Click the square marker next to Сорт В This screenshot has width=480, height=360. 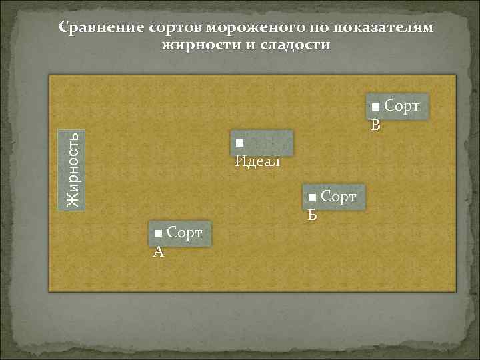coord(376,107)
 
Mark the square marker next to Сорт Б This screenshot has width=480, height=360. coord(312,198)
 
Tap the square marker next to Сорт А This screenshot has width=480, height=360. coord(158,234)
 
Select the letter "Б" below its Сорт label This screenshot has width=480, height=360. coord(312,215)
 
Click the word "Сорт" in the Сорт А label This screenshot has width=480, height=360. coord(185,233)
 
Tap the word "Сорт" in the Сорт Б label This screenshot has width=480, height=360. coord(339,197)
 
